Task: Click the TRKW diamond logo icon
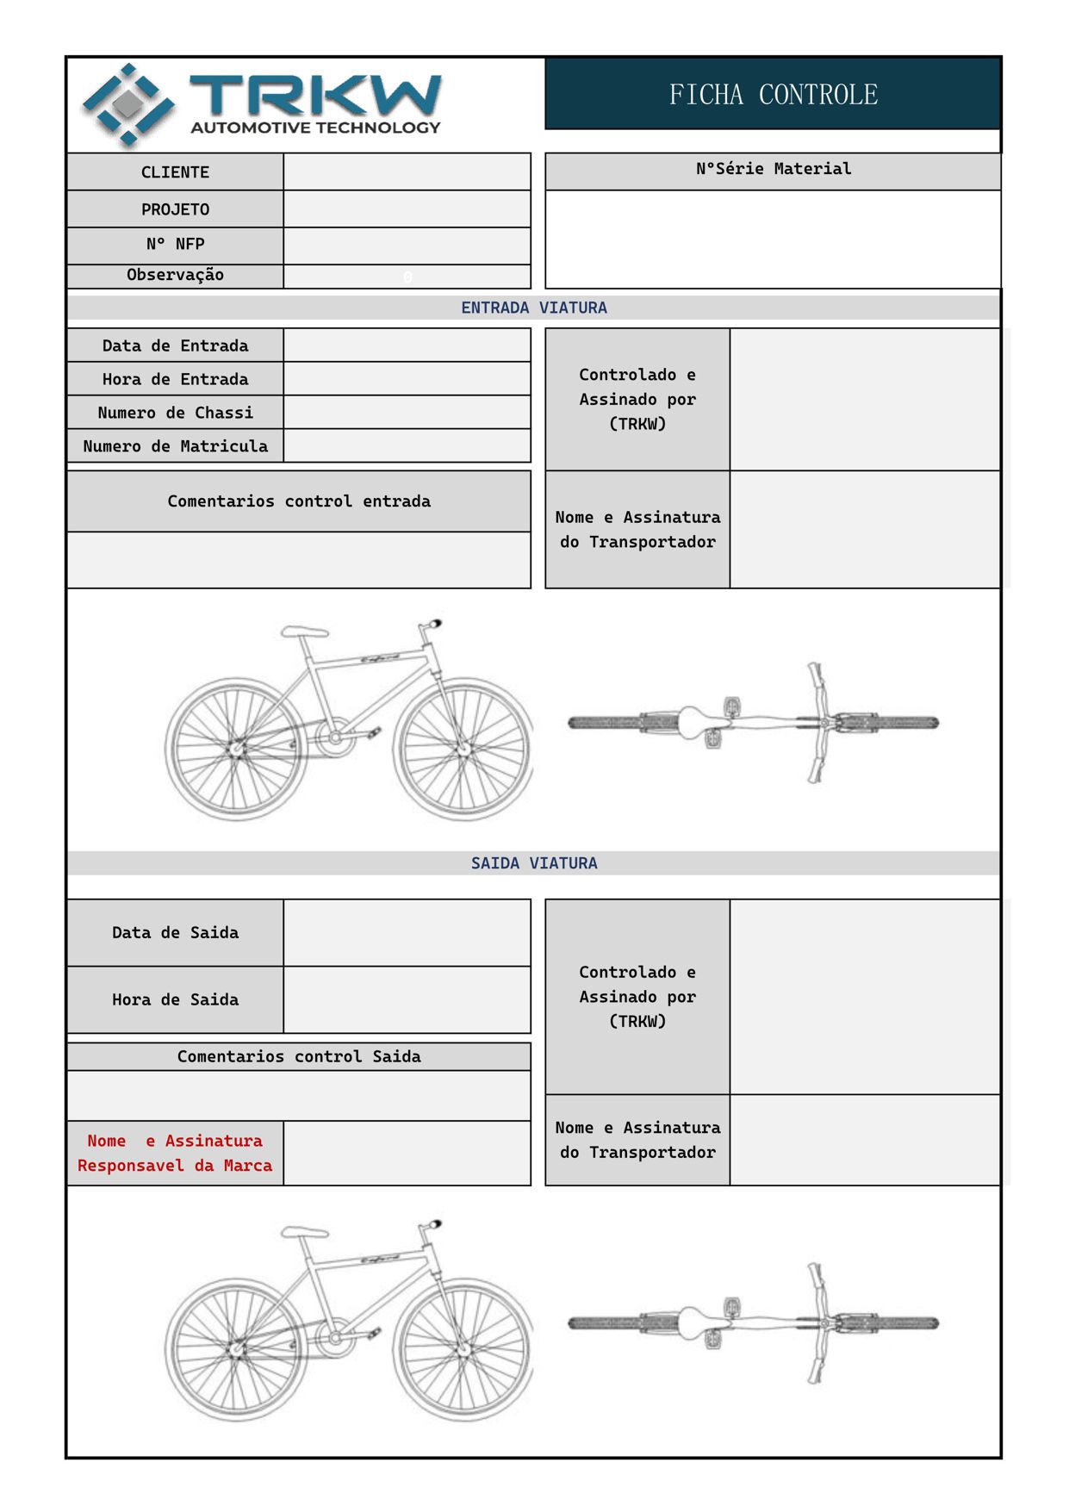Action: pos(128,104)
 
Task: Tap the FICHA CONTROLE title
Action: pos(773,94)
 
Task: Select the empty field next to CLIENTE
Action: pos(407,171)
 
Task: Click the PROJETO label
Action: pos(175,209)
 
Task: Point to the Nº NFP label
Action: pos(175,245)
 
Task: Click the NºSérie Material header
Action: pos(773,169)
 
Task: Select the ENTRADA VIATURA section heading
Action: pos(533,308)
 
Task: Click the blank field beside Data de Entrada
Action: pos(407,345)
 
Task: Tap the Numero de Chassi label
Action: pos(175,413)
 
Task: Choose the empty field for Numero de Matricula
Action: pos(407,446)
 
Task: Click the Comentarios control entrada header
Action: pos(298,501)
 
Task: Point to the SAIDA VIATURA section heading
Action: pos(533,863)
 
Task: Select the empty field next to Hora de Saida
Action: pos(407,999)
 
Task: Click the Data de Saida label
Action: pos(175,933)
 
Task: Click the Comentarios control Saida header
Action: pos(298,1057)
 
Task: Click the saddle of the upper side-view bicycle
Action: pos(304,632)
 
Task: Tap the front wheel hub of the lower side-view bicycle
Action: pos(463,1349)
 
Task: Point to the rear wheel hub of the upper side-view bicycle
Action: pos(235,749)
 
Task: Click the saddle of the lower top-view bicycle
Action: pos(694,1322)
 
